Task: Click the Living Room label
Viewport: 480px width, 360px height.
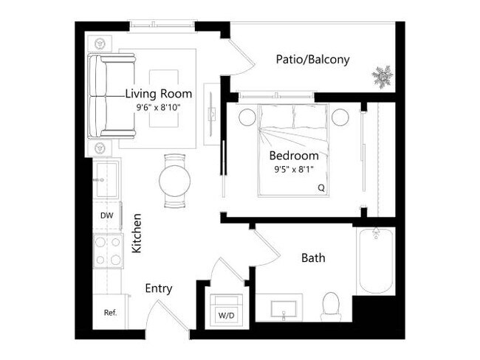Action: point(158,94)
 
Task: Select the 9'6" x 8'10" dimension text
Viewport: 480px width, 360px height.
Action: point(159,107)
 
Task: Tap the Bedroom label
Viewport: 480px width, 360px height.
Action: point(293,156)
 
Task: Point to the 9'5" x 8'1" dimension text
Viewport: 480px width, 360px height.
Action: point(293,169)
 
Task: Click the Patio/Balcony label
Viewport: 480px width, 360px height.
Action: point(312,60)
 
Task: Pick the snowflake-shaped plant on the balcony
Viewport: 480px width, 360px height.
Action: point(383,75)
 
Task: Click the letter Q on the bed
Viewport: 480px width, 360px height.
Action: point(321,187)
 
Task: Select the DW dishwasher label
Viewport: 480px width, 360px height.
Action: point(106,215)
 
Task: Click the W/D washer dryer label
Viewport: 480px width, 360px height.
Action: point(225,316)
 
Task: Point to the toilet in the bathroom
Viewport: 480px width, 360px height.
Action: point(331,305)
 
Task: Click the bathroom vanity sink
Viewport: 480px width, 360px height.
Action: point(284,308)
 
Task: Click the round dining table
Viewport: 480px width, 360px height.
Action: point(175,179)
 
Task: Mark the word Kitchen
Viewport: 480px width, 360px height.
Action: point(137,234)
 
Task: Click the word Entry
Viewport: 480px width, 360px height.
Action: point(159,288)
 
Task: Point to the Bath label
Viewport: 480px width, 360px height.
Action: point(313,258)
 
